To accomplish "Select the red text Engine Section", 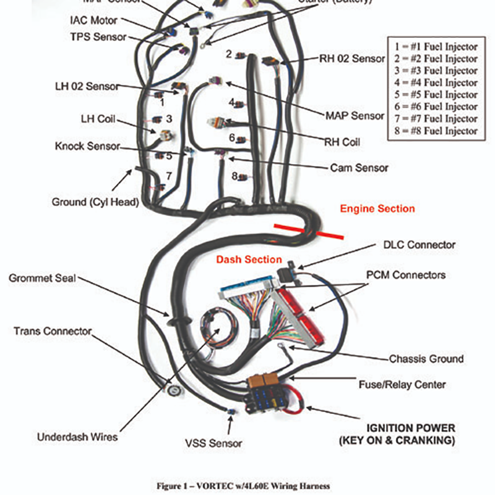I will (x=377, y=209).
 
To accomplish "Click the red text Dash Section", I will (x=249, y=260).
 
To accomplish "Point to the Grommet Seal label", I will (x=42, y=278).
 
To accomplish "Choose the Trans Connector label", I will (x=53, y=331).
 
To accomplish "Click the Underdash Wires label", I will (x=77, y=437).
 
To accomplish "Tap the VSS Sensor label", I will (x=213, y=443).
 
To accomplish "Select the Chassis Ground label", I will (x=426, y=359).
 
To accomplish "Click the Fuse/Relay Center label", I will (x=402, y=385).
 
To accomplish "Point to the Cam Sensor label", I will (x=359, y=168).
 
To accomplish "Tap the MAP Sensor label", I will (x=355, y=116).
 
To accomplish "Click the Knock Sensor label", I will (x=87, y=147).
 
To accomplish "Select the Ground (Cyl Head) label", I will (x=95, y=202).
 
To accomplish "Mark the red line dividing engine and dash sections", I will (x=309, y=231).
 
